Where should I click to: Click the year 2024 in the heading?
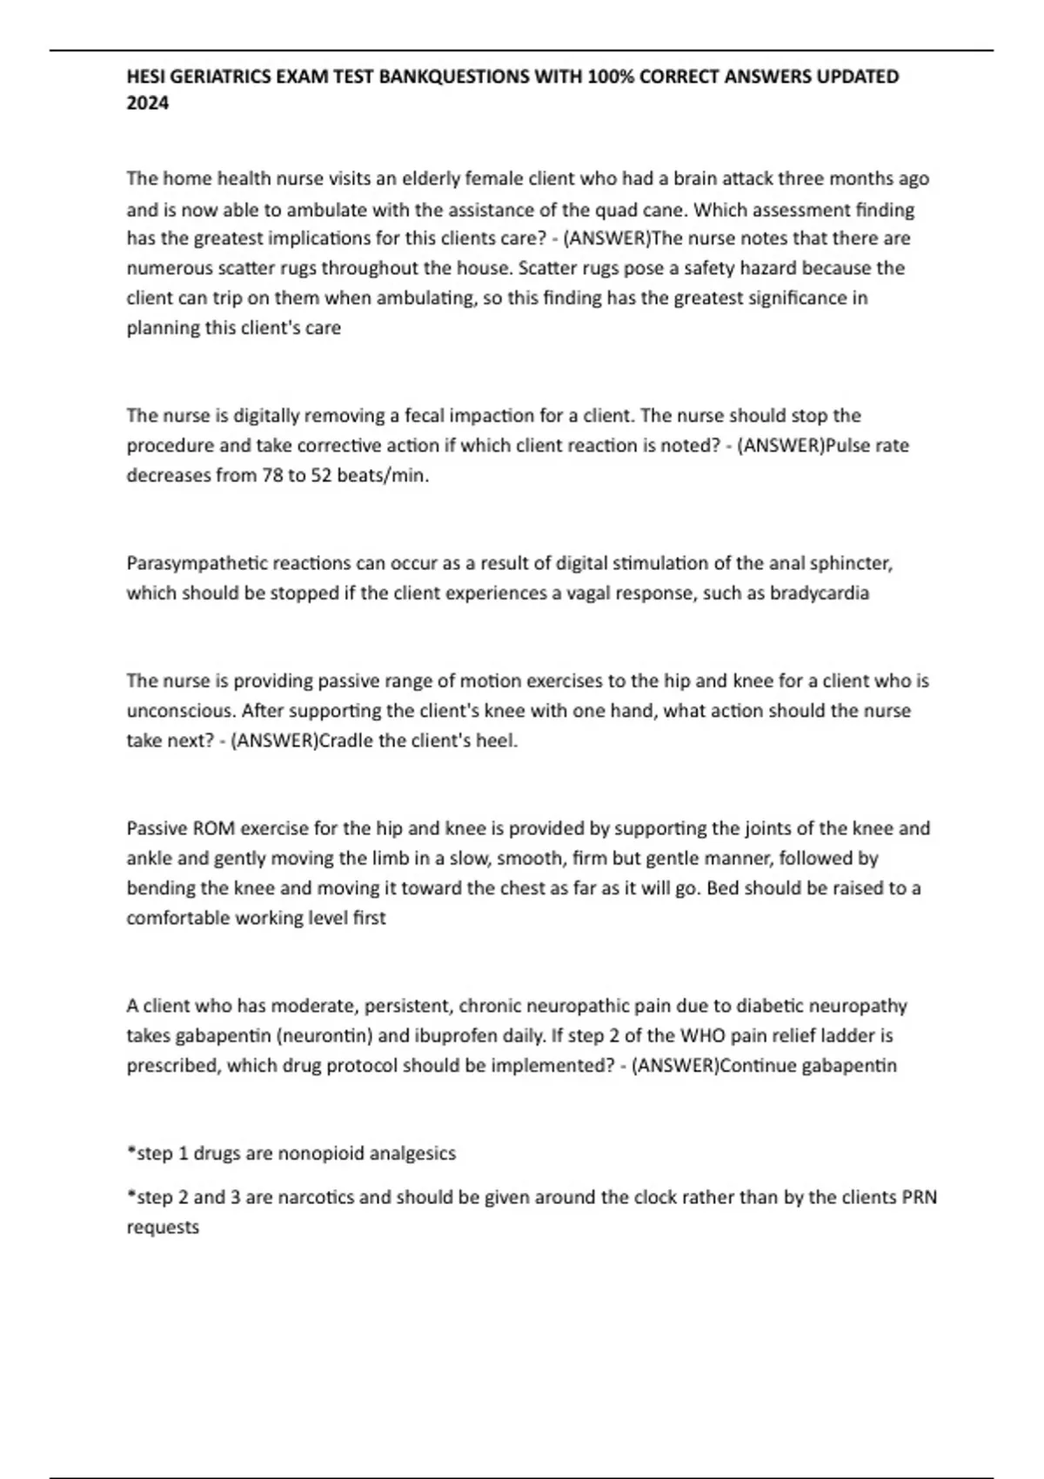click(x=148, y=104)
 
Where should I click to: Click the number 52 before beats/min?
click(x=321, y=476)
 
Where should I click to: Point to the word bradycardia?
click(x=819, y=593)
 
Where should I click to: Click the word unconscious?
click(x=180, y=711)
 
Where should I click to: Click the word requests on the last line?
click(x=163, y=1228)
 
